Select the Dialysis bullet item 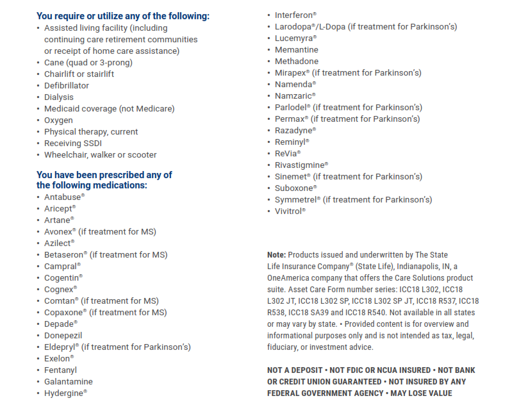coord(59,97)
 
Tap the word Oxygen coord(58,120)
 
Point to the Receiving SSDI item coord(72,143)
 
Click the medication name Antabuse coord(62,197)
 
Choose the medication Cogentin coord(62,277)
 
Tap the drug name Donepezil coord(63,335)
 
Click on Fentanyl coord(60,370)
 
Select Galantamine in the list coord(68,381)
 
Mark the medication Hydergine coord(63,393)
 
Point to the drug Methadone coord(296,61)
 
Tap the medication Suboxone coord(294,188)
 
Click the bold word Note coord(277,255)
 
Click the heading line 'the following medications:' coord(92,185)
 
